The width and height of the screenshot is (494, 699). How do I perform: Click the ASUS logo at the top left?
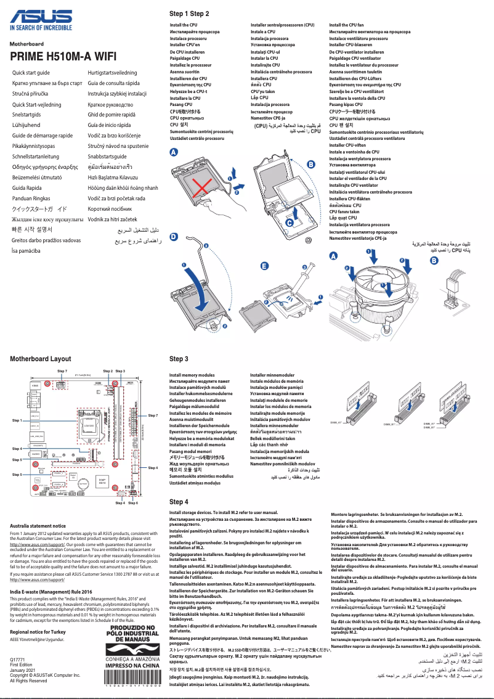coord(41,16)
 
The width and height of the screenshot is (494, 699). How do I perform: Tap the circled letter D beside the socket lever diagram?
coord(174,237)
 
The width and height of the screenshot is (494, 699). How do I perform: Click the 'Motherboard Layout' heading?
coord(41,358)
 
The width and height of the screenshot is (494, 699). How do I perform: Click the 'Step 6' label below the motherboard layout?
coord(133,503)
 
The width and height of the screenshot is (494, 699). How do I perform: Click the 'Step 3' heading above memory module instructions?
coord(179,359)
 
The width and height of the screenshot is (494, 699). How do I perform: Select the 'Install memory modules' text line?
coord(192,375)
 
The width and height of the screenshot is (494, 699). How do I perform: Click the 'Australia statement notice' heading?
coord(38,526)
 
